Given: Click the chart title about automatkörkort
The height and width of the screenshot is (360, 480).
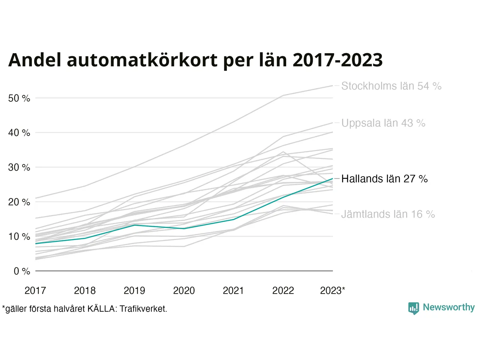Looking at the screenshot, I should pos(195,60).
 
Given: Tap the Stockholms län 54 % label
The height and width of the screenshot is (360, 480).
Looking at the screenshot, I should pos(391,86).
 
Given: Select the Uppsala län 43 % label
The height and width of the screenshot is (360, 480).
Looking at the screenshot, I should pos(383,123).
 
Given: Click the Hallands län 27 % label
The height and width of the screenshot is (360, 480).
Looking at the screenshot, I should pos(384,179).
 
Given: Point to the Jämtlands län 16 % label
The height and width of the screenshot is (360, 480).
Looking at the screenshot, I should pos(388,214).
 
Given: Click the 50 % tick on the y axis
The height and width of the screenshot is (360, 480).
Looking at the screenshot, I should pos(19,98).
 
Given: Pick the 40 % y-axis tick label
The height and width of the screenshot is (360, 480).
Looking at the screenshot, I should pos(19,133).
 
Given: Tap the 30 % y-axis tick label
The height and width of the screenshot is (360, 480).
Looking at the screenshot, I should pos(19,167).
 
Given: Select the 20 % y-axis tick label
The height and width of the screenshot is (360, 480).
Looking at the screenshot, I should pos(19,202).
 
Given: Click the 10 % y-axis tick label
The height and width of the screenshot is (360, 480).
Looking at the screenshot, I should pos(19,237).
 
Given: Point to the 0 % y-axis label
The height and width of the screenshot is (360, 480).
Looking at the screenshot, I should pos(22,271).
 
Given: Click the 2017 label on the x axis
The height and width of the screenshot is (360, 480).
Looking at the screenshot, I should pos(35,290).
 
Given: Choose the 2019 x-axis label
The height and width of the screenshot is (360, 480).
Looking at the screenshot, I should pos(134,290).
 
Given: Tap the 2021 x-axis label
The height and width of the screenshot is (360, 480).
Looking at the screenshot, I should pos(233,290).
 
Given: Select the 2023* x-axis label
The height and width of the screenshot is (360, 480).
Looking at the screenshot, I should pos(333,290).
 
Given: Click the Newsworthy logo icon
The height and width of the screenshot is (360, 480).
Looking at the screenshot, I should pos(413,308).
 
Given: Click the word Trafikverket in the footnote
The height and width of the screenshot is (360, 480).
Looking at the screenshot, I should pos(143,309).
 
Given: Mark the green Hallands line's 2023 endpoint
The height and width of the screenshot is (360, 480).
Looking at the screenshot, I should pos(333,178).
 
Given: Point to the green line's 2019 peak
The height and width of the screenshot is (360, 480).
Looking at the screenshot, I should pos(134,225).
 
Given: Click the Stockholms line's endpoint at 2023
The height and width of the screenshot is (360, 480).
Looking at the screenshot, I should pos(333,85).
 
